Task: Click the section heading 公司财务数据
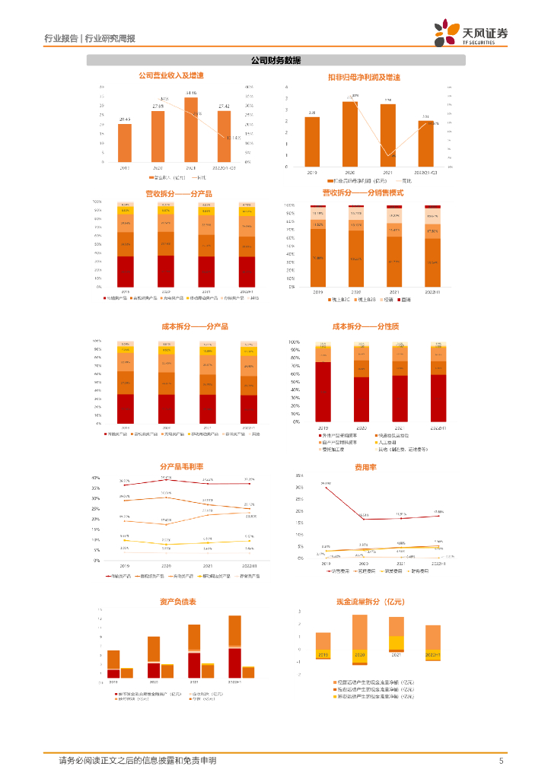275,60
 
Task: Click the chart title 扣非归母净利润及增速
363,78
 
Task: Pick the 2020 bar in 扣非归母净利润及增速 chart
350,134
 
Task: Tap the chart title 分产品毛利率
180,466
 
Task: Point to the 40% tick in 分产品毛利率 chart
95,478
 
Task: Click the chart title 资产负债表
178,601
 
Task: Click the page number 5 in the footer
501,761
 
